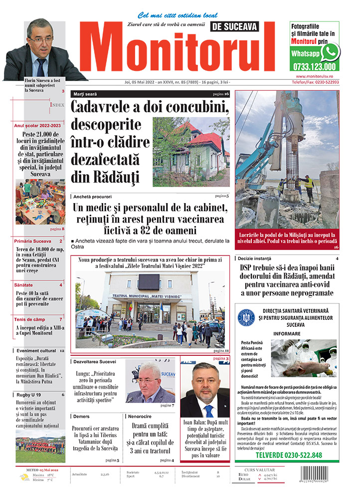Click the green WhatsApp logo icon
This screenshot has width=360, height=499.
tap(330, 52)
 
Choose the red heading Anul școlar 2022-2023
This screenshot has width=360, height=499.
tap(37, 125)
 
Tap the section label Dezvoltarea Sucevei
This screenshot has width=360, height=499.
tap(95, 361)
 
